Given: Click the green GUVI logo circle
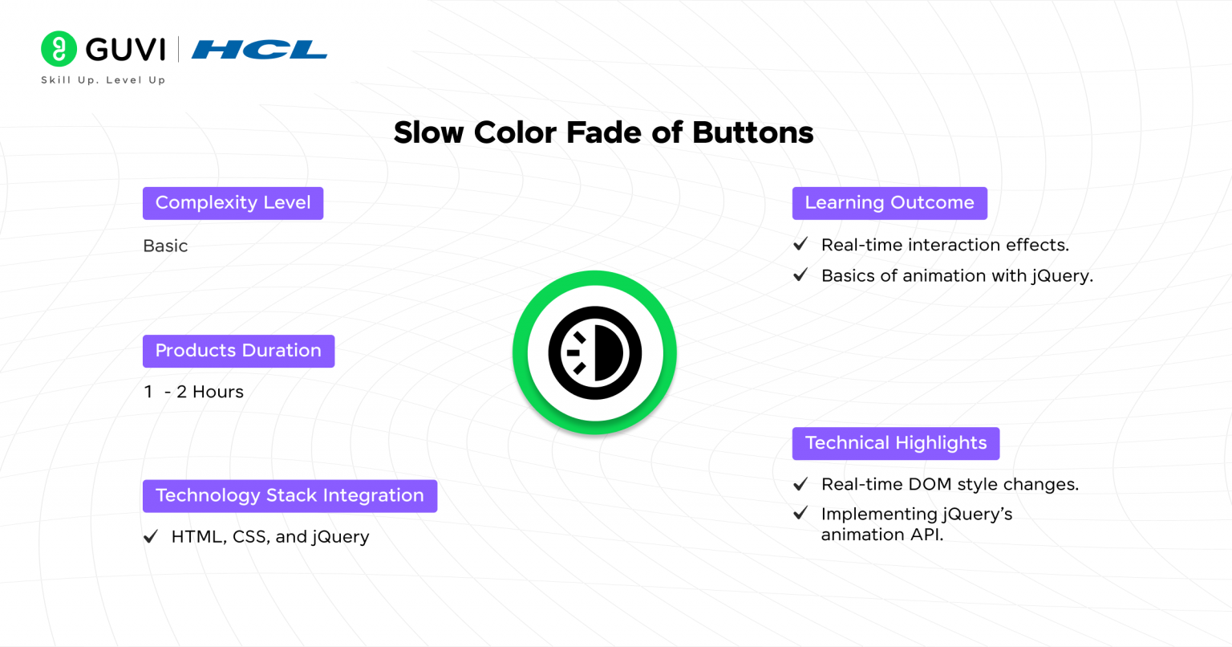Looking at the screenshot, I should point(59,49).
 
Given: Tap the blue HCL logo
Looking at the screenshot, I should point(259,50).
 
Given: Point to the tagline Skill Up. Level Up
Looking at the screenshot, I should point(103,80).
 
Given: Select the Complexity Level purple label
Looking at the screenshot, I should point(233,203).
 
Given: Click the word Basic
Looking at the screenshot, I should point(165,246).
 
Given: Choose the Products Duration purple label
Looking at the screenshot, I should point(238,351).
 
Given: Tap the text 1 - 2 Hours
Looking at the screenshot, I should point(193,392).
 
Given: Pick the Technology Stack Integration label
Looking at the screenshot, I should point(290,496).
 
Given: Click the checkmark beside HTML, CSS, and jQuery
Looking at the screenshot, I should point(151,537).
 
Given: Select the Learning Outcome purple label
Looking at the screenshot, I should point(890,203).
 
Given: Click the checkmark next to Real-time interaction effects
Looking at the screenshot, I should point(800,245).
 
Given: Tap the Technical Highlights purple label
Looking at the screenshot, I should point(896,443).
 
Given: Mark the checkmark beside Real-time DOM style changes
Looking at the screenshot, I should point(800,484).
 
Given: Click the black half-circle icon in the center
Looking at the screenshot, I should point(595,352).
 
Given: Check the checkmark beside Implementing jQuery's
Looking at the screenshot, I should point(800,514).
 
